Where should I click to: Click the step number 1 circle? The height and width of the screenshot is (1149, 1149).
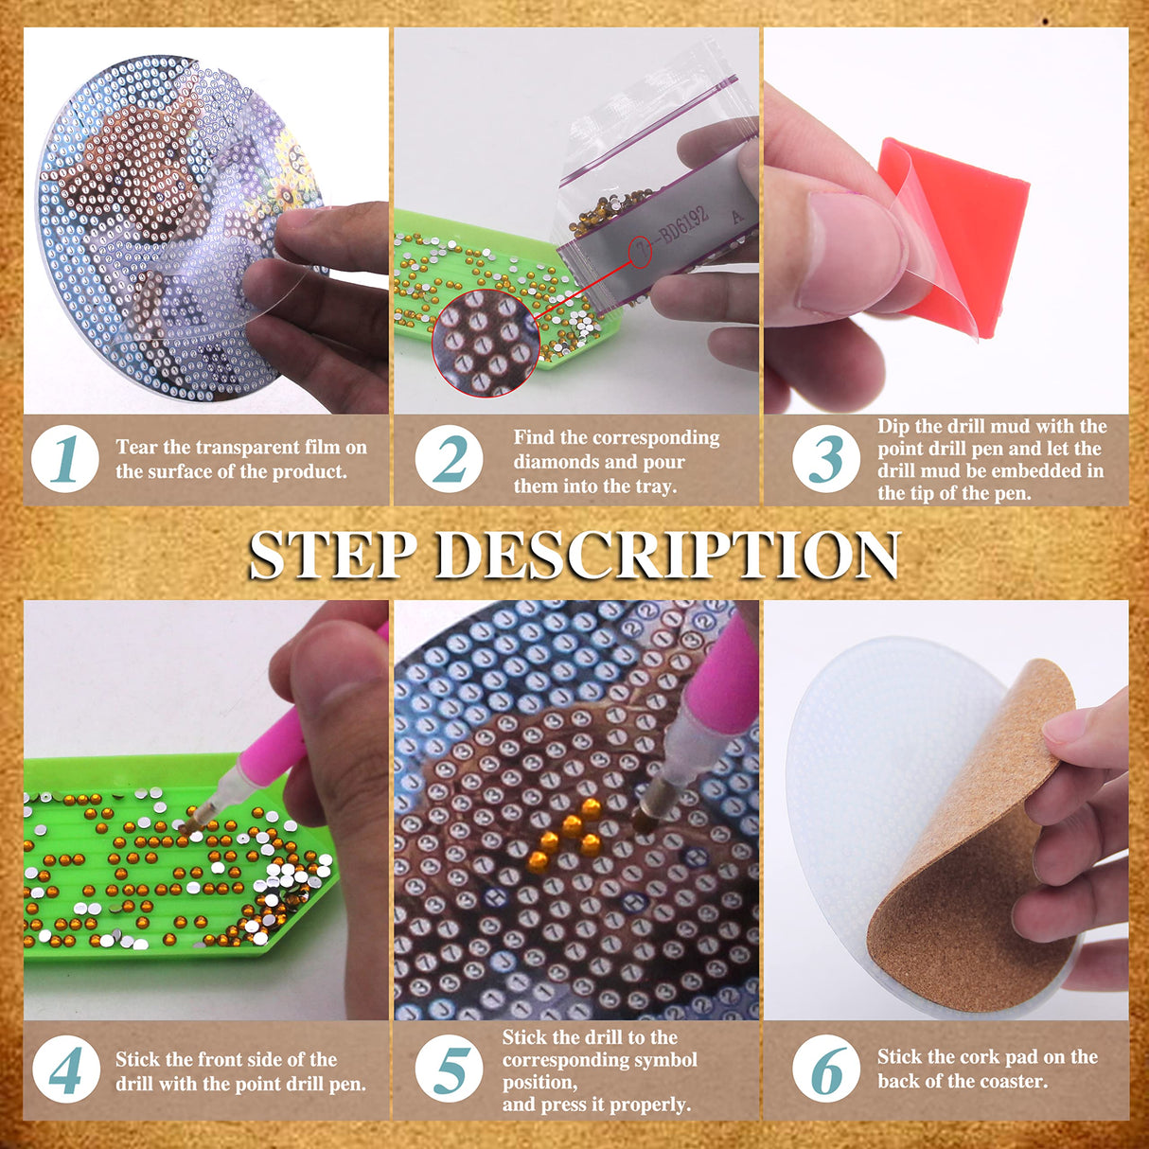tap(65, 459)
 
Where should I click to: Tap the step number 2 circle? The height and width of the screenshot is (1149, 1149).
tap(449, 459)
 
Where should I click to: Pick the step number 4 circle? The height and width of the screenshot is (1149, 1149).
tap(65, 1070)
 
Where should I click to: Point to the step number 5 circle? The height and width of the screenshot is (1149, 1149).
tap(449, 1070)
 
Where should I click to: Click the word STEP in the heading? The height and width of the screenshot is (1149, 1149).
tap(331, 555)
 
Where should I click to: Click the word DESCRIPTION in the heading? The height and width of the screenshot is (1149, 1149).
tap(666, 555)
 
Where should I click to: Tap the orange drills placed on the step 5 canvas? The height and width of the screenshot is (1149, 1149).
tap(566, 833)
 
